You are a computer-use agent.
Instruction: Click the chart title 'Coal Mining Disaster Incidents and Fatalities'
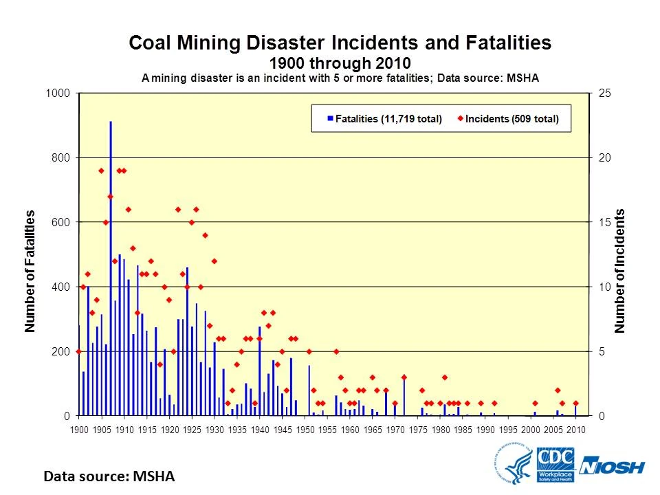340,43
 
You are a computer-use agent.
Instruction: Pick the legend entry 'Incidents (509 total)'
511,119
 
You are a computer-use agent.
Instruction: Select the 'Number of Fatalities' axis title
30,272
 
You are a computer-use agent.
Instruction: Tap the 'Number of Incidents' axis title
620,272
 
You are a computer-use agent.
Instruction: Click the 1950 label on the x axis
305,430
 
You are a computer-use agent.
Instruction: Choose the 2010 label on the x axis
575,430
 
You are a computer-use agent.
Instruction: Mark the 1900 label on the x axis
79,430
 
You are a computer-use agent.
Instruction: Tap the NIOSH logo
612,467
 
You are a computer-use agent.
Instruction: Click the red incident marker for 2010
575,404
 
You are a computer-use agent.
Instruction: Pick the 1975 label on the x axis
417,430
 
